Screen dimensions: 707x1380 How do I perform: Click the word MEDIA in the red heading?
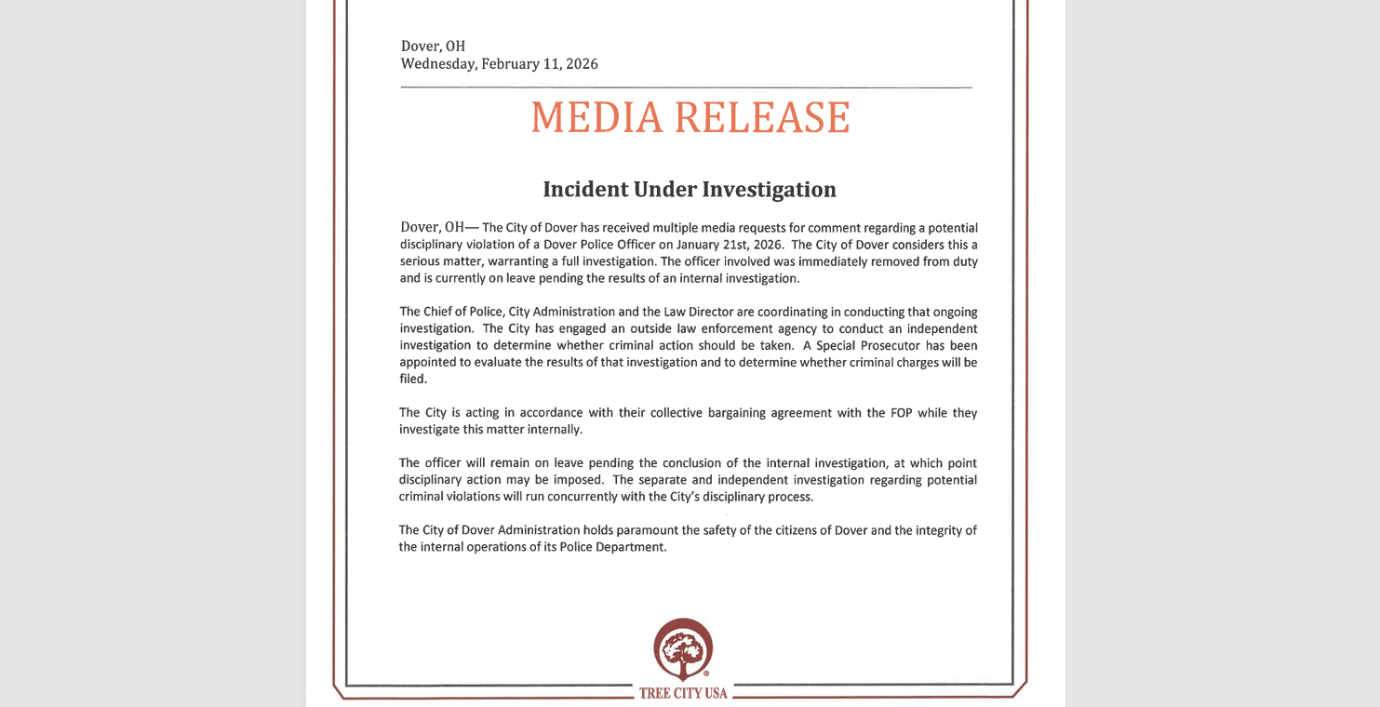[x=596, y=118]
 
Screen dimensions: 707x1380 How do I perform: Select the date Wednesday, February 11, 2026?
[x=499, y=64]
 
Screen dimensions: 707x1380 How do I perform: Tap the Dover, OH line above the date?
[x=433, y=46]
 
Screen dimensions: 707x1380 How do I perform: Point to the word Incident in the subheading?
[x=584, y=190]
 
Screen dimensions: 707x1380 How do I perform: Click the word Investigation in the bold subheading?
[x=769, y=190]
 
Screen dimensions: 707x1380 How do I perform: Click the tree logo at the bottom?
[x=683, y=649]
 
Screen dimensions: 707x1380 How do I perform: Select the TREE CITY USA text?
[x=683, y=693]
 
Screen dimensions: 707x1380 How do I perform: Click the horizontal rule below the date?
[x=686, y=87]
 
